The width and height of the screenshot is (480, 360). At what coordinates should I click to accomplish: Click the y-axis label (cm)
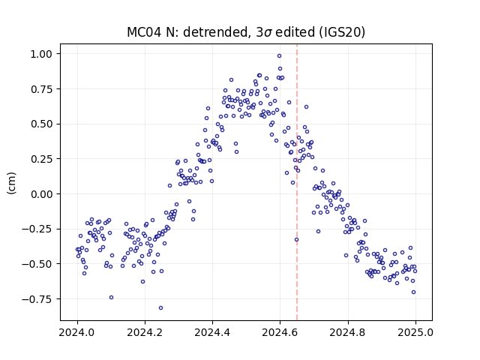coord(12,183)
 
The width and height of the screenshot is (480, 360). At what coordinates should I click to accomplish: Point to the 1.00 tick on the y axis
coord(42,54)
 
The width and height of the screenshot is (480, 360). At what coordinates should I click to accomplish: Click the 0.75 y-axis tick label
coord(42,89)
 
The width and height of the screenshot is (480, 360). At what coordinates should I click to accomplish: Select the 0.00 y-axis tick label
coord(42,194)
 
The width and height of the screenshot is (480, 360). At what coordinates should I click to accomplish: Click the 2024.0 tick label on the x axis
coord(77,332)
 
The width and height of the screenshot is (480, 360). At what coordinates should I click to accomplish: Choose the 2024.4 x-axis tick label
coord(212,332)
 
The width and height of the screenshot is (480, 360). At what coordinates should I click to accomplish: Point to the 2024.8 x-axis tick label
coord(348,332)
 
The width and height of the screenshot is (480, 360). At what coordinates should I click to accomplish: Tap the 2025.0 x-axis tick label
coord(415,332)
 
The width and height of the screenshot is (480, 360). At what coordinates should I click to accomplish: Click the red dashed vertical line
coord(297,182)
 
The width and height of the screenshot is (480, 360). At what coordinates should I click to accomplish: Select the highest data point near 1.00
coord(279,55)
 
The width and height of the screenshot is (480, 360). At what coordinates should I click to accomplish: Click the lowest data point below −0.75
coord(160,308)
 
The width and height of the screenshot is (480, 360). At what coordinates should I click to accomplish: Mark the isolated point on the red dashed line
coord(296,240)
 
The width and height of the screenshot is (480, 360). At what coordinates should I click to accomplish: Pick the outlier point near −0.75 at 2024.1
coord(112,297)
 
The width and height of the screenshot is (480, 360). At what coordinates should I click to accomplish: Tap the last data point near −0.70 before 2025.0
coord(413,292)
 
